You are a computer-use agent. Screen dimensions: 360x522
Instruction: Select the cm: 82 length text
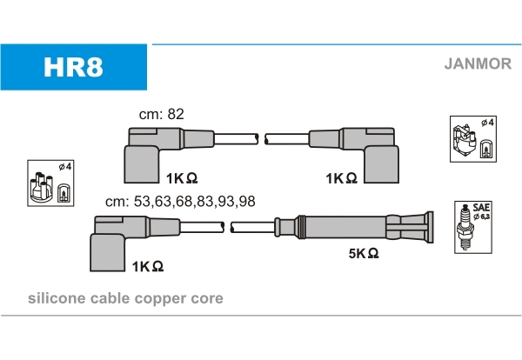click(x=162, y=114)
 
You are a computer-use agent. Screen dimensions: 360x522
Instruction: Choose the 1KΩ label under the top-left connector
click(x=182, y=177)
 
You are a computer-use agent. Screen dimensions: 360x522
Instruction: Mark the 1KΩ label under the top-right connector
click(x=341, y=177)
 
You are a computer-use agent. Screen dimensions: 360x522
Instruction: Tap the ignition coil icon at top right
click(x=471, y=139)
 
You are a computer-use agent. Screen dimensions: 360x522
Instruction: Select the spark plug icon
click(x=466, y=228)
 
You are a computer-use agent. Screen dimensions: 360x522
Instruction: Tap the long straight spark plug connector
click(x=365, y=227)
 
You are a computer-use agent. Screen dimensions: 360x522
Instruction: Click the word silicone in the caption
click(x=57, y=298)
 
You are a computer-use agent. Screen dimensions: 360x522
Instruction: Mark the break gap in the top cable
click(x=262, y=137)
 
